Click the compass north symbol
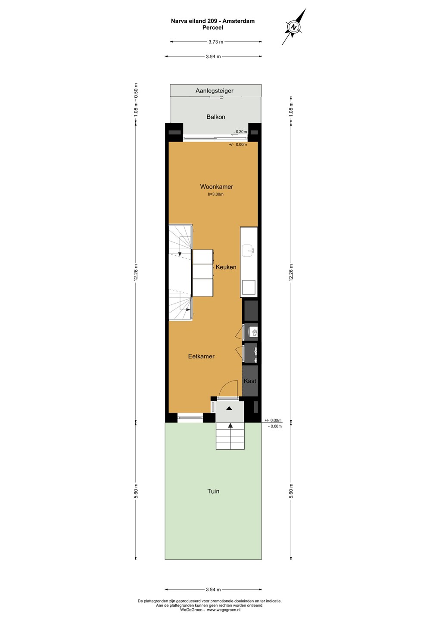click(x=294, y=27)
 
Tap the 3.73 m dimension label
click(x=216, y=42)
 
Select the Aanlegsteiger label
click(x=215, y=91)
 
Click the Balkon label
click(x=216, y=117)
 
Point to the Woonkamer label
click(x=217, y=186)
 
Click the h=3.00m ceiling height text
click(x=216, y=194)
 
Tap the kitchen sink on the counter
click(x=249, y=251)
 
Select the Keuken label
click(x=226, y=267)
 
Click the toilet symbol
click(x=253, y=332)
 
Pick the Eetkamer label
click(x=201, y=356)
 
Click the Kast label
click(x=250, y=381)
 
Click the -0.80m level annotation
click(x=275, y=426)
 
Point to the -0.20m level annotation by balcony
click(x=240, y=132)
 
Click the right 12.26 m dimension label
click(x=291, y=273)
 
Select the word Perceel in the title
click(x=213, y=28)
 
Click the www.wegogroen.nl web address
click(x=224, y=610)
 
